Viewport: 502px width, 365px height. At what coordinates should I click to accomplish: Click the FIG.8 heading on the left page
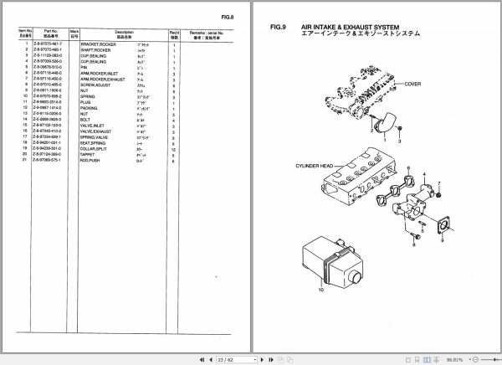click(x=226, y=17)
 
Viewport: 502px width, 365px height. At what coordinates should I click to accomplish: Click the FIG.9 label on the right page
click(x=279, y=28)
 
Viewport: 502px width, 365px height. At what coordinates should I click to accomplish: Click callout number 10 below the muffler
click(x=319, y=290)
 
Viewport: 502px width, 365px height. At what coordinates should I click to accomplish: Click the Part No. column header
click(x=57, y=34)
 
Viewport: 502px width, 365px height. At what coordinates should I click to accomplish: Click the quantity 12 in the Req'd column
click(x=174, y=148)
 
